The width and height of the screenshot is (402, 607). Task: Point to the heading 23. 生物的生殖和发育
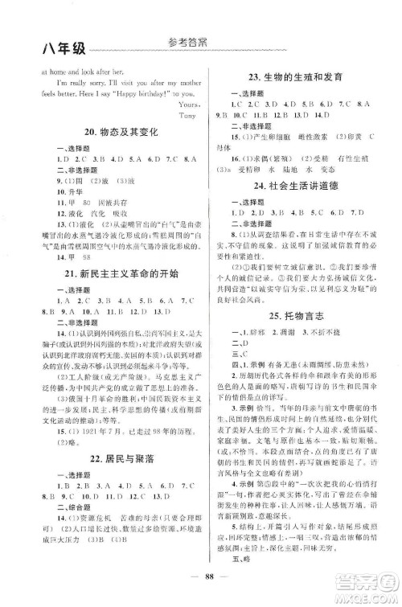[297, 77]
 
